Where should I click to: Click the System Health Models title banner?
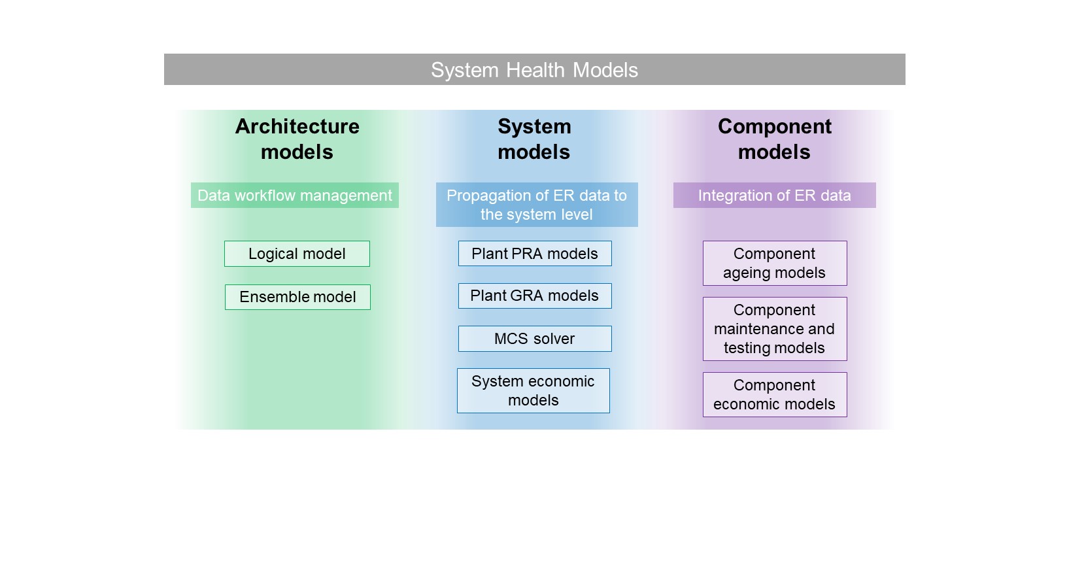pos(534,69)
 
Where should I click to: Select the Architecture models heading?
pos(297,139)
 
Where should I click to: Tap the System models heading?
pos(534,139)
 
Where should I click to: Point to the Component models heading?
pos(775,139)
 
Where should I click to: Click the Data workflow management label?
pos(295,196)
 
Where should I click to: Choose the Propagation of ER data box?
pos(537,205)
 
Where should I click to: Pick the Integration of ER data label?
pos(775,196)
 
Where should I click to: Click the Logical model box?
pos(297,254)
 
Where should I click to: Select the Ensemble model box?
pos(297,298)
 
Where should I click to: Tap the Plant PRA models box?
pos(535,254)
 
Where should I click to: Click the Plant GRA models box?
pos(535,296)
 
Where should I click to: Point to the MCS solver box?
pos(535,339)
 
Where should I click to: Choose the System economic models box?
pos(533,390)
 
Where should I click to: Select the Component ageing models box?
pos(775,264)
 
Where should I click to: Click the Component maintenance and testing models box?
pos(775,329)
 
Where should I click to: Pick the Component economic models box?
pos(775,395)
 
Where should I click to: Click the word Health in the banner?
pos(535,70)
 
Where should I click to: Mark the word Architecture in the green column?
pos(297,127)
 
